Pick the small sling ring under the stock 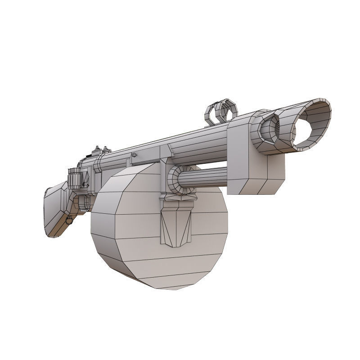click(69, 220)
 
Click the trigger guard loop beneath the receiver click(83, 202)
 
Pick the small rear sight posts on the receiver click(101, 149)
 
